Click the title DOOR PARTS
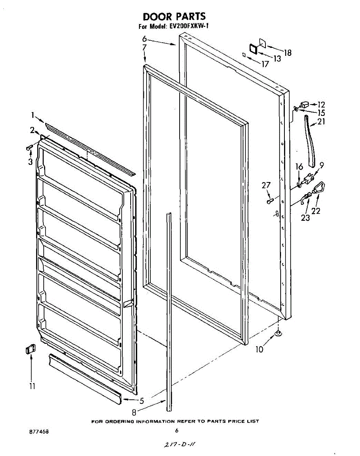174,16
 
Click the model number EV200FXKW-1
188,26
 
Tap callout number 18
287,53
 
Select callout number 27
266,185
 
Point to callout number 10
259,349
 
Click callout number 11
32,386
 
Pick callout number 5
142,401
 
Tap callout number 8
134,412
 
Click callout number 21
321,122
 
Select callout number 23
305,218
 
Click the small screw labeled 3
30,147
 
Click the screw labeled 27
270,201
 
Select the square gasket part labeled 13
253,49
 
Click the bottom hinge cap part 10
279,334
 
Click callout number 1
33,115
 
